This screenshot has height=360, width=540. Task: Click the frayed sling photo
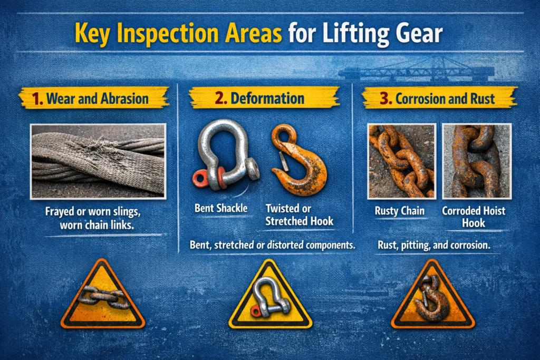coord(98,161)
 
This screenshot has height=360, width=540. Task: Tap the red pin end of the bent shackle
coord(201,178)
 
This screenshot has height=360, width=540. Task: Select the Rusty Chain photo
coord(402,160)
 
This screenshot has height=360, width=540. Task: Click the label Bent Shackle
coord(220,208)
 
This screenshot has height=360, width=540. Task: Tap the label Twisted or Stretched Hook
coord(299,214)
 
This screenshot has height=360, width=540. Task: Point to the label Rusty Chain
coord(401,211)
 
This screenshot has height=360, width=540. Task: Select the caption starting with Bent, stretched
coord(273,245)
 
